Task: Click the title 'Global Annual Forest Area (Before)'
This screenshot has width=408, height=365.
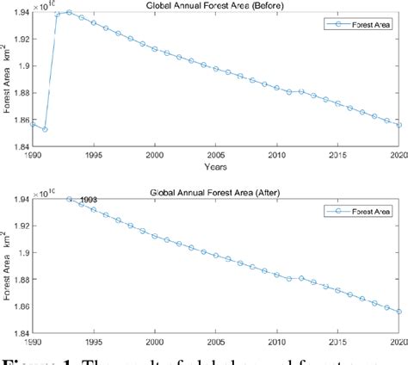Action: (216, 8)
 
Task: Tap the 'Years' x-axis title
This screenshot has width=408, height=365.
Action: (216, 164)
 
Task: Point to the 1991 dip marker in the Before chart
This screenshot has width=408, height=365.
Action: (45, 129)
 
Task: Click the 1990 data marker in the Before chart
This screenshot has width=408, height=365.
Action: (34, 124)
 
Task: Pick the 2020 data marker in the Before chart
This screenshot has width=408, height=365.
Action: (399, 125)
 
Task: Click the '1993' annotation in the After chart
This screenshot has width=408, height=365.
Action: (90, 201)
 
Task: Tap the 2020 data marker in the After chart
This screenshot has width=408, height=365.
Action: (399, 311)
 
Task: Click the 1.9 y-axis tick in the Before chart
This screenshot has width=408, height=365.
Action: (23, 66)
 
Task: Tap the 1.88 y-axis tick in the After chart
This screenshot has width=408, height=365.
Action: (20, 279)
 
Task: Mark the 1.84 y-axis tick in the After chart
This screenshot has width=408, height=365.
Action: (20, 332)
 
